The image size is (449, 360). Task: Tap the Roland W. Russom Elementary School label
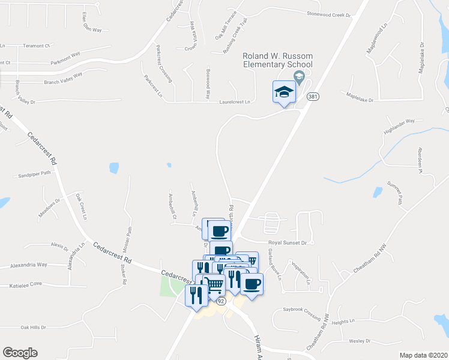pyautogui.click(x=277, y=60)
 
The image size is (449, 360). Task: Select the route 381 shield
pyautogui.click(x=312, y=96)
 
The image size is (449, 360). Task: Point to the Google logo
pyautogui.click(x=20, y=353)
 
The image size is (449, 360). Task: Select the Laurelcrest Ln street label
pyautogui.click(x=235, y=102)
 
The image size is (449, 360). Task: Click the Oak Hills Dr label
pyautogui.click(x=33, y=327)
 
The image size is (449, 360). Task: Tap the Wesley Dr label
pyautogui.click(x=359, y=341)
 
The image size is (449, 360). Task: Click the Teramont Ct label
pyautogui.click(x=35, y=46)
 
